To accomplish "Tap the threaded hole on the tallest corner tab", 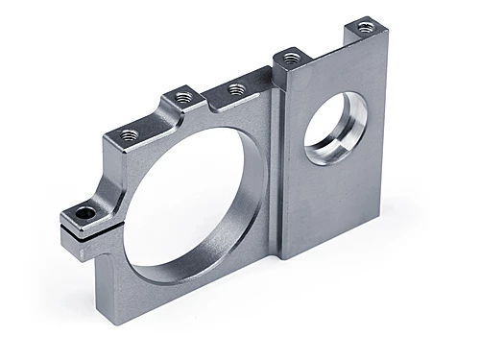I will coord(364,28).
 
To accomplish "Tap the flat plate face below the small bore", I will coord(331,206).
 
